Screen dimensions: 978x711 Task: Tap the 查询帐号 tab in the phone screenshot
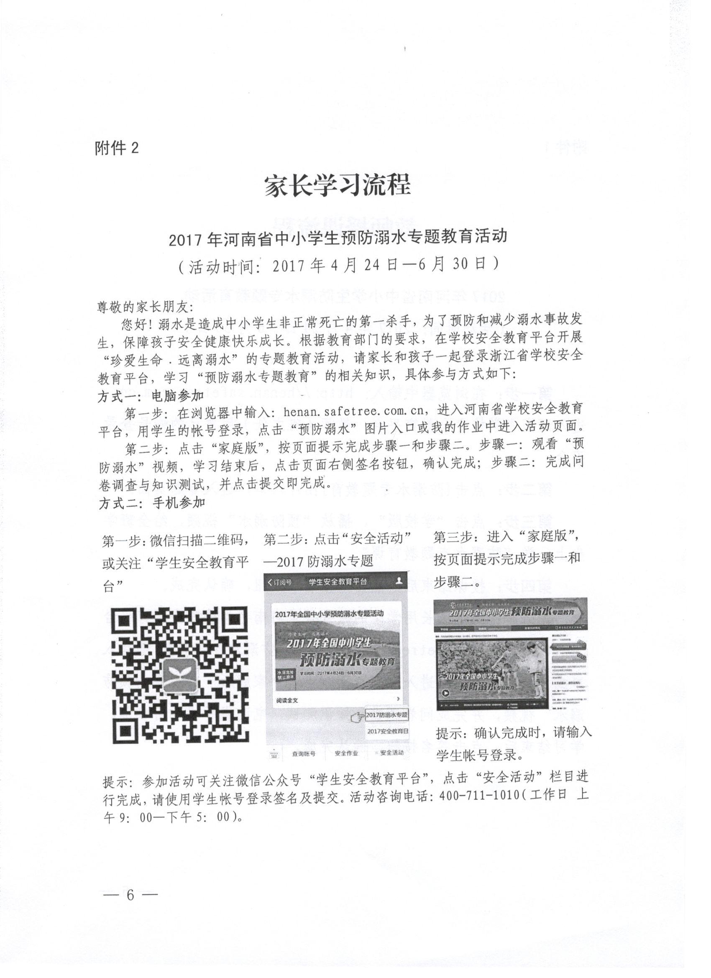coord(304,753)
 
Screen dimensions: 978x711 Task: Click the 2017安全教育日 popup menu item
coord(388,731)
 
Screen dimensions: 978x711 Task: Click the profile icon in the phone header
coord(400,581)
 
